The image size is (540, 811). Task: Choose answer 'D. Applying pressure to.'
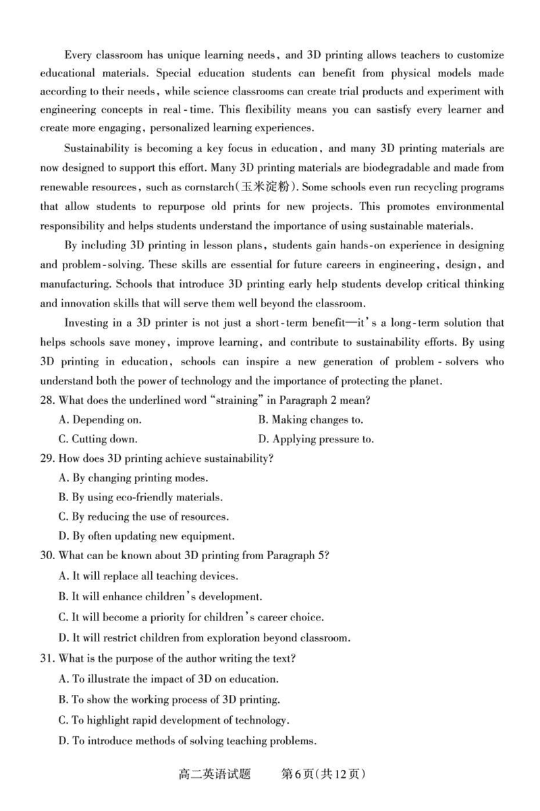tap(316, 439)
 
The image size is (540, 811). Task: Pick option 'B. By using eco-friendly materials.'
tap(140, 497)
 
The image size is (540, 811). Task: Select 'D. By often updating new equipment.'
tap(146, 536)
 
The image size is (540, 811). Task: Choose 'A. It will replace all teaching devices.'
tap(148, 576)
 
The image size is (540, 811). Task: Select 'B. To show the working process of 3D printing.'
tap(169, 699)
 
